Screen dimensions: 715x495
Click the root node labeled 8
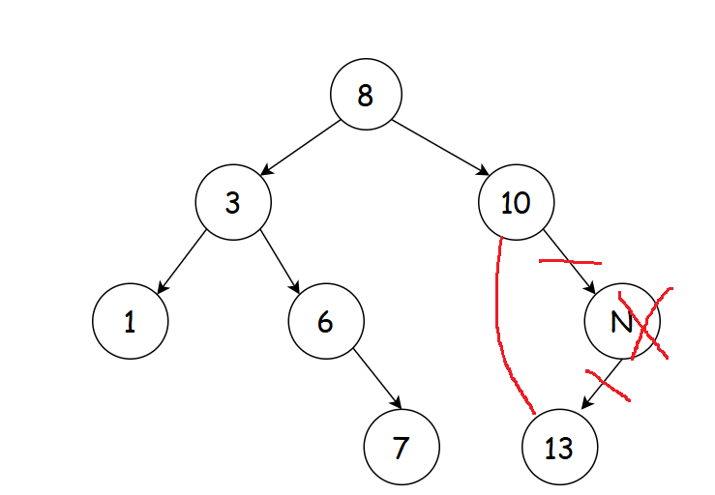pyautogui.click(x=365, y=95)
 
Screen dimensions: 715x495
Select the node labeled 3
pyautogui.click(x=232, y=203)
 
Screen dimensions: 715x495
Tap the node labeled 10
pyautogui.click(x=516, y=203)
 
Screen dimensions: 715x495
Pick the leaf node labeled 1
pyautogui.click(x=131, y=321)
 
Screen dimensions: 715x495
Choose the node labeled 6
pyautogui.click(x=325, y=321)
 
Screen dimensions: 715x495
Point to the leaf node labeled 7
pyautogui.click(x=402, y=448)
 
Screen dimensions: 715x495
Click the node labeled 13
pyautogui.click(x=559, y=448)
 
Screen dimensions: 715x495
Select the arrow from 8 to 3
pyautogui.click(x=299, y=149)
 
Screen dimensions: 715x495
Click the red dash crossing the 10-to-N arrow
pyautogui.click(x=571, y=261)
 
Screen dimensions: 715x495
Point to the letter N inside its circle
pyautogui.click(x=620, y=322)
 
